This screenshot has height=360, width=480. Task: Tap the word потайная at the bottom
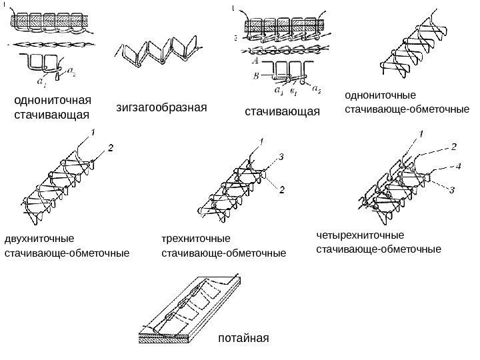[x=243, y=339]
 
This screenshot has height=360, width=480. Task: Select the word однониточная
[x=52, y=101]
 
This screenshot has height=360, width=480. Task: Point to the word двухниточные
[x=39, y=238]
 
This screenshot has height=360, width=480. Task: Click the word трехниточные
[x=195, y=238]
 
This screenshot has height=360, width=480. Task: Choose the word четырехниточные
[x=360, y=235]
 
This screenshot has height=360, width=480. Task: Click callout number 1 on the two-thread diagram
[x=93, y=133]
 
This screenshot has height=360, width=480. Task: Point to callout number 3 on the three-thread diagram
[x=282, y=157]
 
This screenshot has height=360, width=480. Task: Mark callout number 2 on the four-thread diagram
[x=454, y=145]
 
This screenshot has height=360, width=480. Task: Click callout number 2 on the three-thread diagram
[x=282, y=191]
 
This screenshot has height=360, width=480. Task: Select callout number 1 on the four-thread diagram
[x=421, y=135]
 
